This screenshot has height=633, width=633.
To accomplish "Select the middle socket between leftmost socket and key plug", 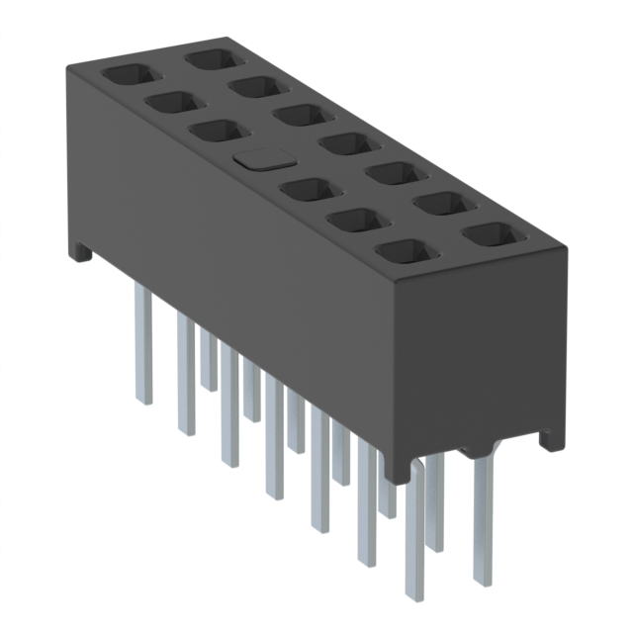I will (x=172, y=102).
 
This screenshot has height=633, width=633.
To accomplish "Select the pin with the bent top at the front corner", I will (x=416, y=524).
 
